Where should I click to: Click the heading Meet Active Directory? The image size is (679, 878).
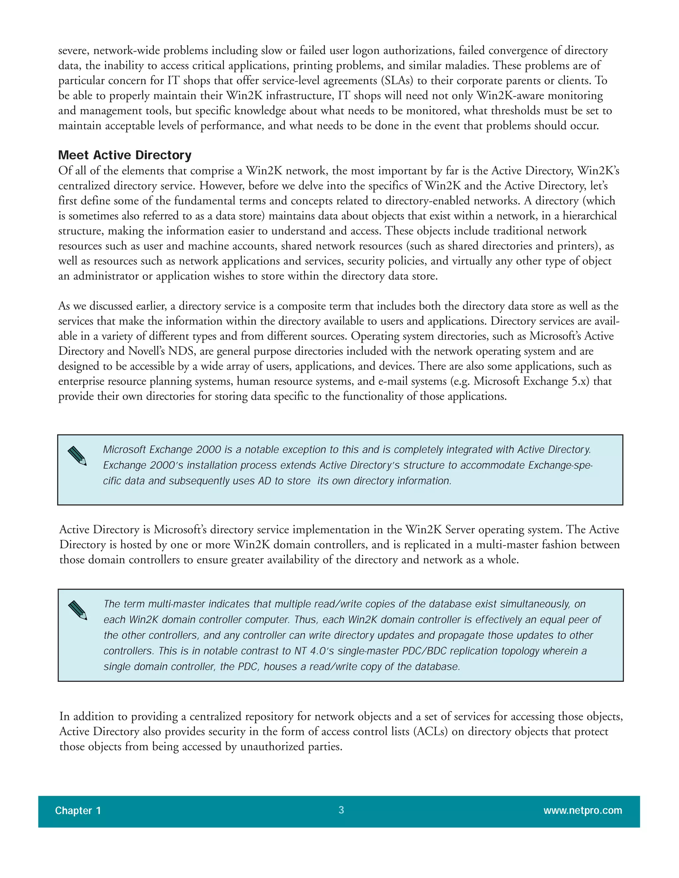pos(125,155)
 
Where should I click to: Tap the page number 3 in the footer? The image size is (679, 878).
pos(341,810)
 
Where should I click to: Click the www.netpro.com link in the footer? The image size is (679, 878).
pos(583,810)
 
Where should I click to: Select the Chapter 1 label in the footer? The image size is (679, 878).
pos(78,810)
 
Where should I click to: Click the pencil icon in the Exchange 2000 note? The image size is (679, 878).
pos(77,456)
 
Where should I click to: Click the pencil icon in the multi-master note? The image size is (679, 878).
pos(78,610)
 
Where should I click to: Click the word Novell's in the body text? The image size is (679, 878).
pos(147,351)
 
